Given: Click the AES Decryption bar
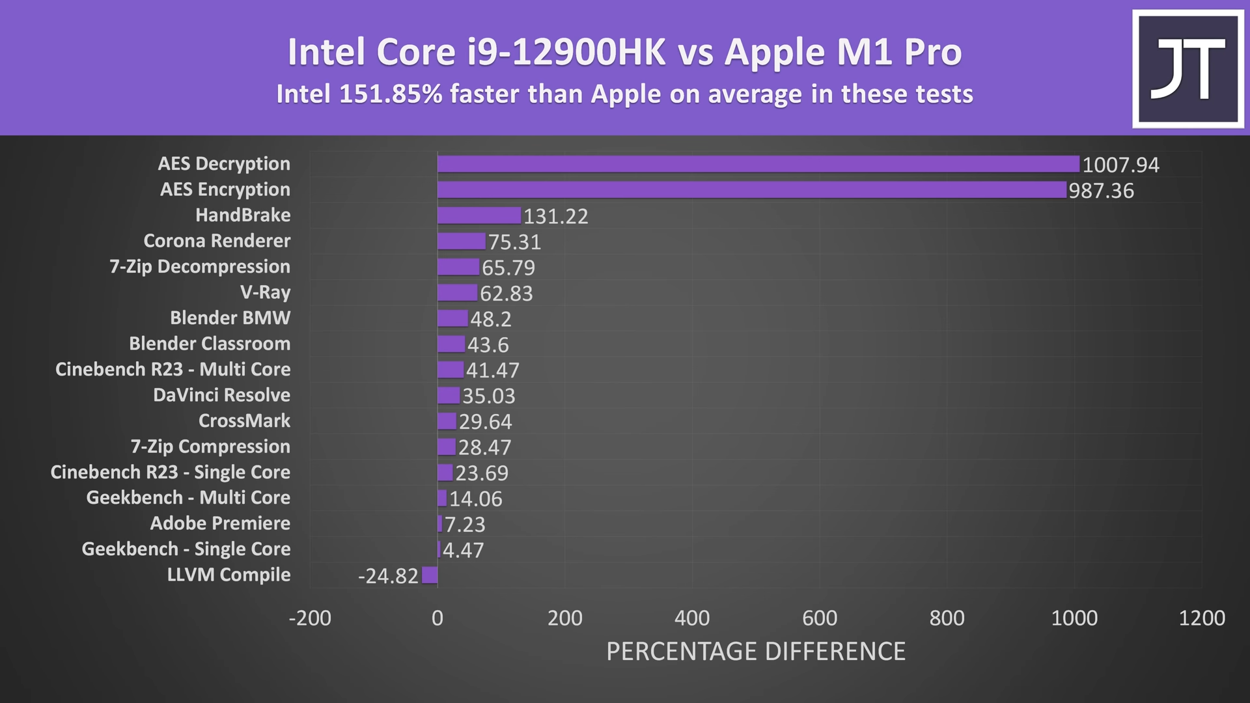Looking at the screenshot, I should (758, 164).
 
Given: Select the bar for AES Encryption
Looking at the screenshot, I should (752, 190).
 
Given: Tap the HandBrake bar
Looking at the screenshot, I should (479, 215).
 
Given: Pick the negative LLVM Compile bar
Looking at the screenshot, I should (430, 575).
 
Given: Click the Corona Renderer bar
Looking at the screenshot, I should (462, 241).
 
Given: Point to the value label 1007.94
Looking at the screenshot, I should (1120, 165).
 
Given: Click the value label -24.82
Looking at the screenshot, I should (388, 576).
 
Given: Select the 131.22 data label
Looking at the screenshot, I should (555, 216).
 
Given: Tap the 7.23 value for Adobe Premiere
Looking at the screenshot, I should (465, 525).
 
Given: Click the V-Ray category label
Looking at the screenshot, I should (265, 292).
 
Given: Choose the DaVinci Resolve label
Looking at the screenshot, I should (221, 395).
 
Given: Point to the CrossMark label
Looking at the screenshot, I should (244, 421).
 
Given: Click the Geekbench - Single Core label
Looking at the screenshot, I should (186, 549).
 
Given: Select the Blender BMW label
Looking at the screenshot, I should (230, 318).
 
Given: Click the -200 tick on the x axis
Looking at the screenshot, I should (310, 618).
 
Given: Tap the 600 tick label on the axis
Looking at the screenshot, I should (820, 618).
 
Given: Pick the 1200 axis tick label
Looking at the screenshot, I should (1202, 618).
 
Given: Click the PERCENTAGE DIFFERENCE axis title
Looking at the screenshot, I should (756, 652).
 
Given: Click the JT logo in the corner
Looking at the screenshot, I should (1188, 69).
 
